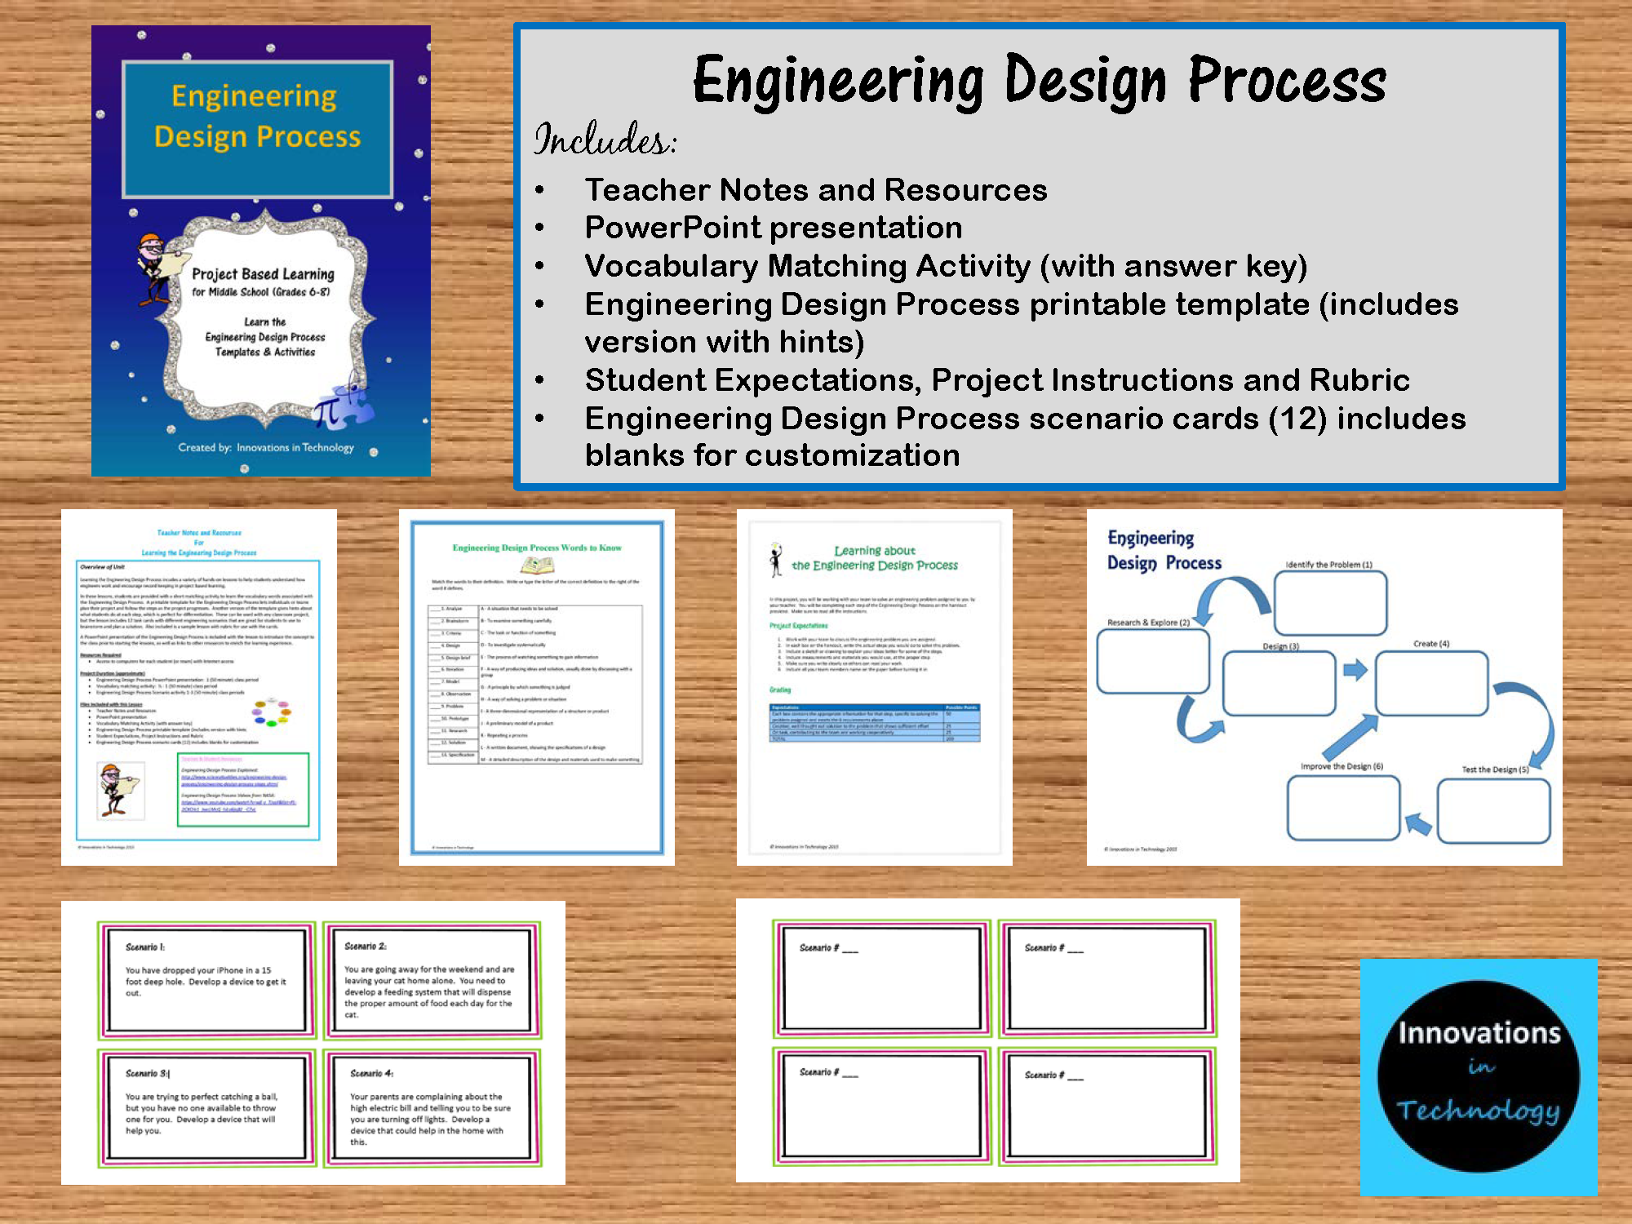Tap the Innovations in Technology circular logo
[x=1479, y=1075]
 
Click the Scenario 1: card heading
[x=145, y=947]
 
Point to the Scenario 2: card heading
[x=365, y=947]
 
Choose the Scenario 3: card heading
[x=148, y=1074]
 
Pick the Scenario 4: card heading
[x=371, y=1074]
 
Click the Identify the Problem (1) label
[x=1328, y=565]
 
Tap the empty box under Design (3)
[x=1279, y=683]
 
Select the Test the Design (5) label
[x=1495, y=769]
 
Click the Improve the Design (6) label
[x=1342, y=766]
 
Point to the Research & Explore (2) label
[x=1148, y=623]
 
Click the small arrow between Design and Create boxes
[x=1355, y=671]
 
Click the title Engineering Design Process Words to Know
[x=537, y=548]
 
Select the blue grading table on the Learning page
[x=875, y=723]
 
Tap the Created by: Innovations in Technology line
[x=266, y=448]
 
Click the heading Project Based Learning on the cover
[x=263, y=274]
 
